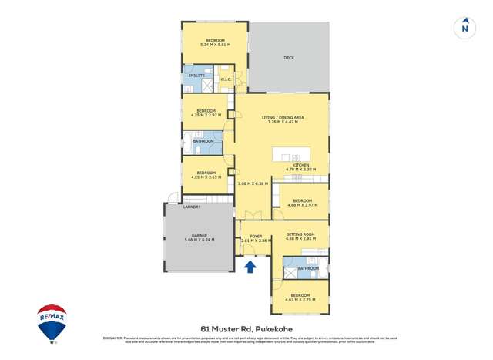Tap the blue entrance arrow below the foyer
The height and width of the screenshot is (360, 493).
pos(250,267)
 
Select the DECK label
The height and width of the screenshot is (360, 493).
pos(289,58)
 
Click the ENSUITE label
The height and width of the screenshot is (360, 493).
pos(196,76)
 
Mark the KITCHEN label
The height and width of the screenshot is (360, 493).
pos(301,164)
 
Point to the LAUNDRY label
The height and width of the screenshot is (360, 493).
pos(191,207)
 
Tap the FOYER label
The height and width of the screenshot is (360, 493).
pos(256,237)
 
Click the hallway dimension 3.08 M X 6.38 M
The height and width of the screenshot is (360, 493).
pos(252,183)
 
